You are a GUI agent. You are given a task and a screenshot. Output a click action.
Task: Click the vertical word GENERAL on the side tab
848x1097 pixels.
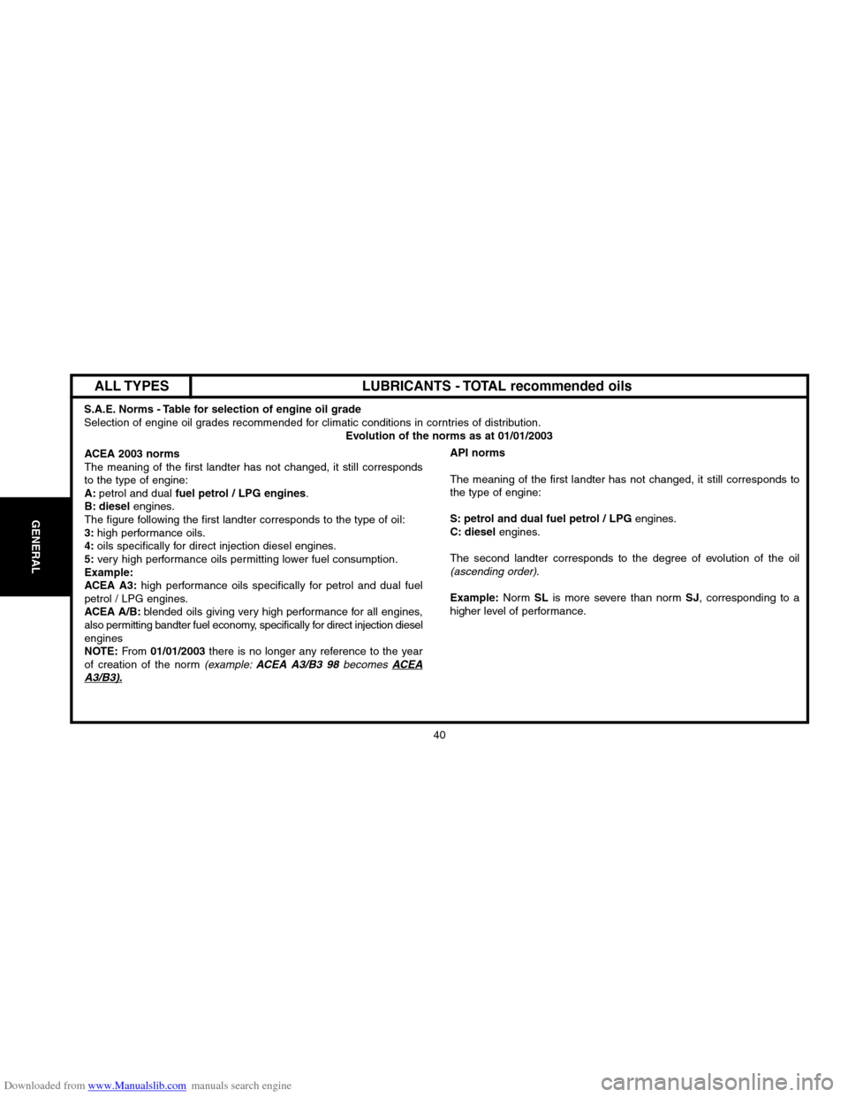(x=35, y=547)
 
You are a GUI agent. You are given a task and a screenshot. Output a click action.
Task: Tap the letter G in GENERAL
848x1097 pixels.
(x=35, y=525)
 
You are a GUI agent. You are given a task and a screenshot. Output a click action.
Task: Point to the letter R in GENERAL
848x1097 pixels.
(x=35, y=554)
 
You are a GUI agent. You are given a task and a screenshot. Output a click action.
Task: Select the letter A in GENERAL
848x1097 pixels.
(x=35, y=562)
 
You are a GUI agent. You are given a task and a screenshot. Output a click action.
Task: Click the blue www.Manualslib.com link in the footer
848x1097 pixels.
(x=138, y=1086)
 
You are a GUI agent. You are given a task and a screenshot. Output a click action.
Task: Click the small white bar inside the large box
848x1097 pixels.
(x=102, y=682)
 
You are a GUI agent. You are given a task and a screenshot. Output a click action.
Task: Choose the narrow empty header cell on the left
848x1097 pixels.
(x=131, y=385)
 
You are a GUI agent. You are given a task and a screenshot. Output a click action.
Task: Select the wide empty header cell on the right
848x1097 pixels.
(x=498, y=385)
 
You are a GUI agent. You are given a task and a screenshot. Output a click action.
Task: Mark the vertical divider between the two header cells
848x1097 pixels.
(x=192, y=385)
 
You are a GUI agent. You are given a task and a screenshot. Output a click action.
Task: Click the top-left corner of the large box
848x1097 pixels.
(x=69, y=374)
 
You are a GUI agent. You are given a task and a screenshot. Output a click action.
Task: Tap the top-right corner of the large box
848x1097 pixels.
(x=809, y=374)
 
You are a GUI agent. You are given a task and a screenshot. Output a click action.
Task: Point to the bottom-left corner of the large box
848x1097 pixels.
(x=69, y=723)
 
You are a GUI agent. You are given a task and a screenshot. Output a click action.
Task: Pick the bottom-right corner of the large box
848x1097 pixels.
(x=809, y=723)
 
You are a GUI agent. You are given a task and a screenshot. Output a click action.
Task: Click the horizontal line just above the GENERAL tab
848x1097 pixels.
(x=34, y=496)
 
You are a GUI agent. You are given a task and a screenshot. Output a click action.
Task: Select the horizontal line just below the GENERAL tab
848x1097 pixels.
(x=34, y=596)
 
